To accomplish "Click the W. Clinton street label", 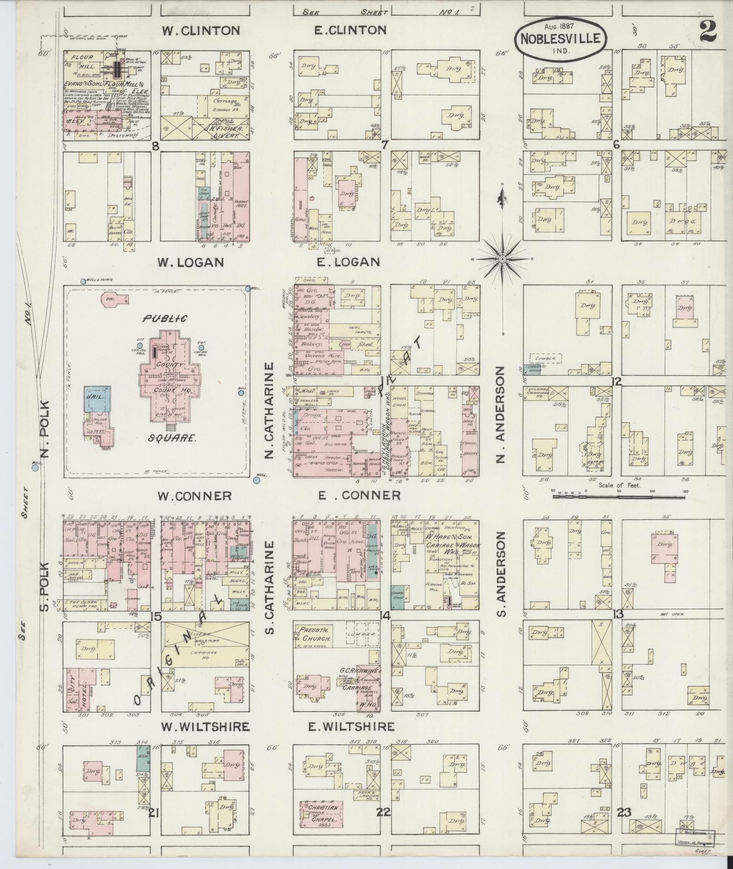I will click(x=201, y=31).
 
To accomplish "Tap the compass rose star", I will click(x=503, y=259).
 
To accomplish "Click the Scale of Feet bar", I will click(x=619, y=497).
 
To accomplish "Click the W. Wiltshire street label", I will click(x=205, y=727).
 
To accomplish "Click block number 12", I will click(x=616, y=382).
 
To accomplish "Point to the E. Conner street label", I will click(x=359, y=495).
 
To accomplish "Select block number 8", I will click(x=156, y=146).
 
